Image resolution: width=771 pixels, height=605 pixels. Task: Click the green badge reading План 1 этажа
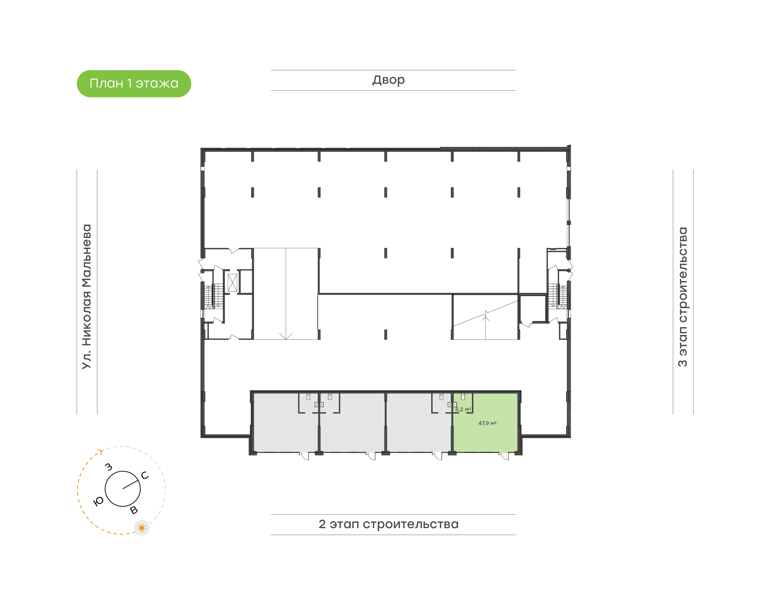tap(134, 84)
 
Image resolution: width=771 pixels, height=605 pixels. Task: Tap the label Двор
tap(388, 80)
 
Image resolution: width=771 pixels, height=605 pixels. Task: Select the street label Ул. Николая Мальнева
tap(87, 297)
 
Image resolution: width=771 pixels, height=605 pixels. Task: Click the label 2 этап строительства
tap(388, 524)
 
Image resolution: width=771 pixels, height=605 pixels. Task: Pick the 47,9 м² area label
tap(487, 423)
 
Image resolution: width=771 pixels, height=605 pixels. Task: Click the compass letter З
tap(109, 467)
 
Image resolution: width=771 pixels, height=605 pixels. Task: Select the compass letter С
tap(145, 475)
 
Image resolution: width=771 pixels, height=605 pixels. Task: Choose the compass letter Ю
tap(98, 501)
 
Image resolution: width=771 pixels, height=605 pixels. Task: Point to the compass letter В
tap(134, 510)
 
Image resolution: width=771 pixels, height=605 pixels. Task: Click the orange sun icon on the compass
tap(142, 528)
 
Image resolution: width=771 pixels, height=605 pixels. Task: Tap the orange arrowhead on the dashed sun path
tap(101, 452)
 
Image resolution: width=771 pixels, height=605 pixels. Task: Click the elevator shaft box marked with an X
tap(232, 283)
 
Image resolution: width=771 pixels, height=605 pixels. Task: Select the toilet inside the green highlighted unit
tap(463, 396)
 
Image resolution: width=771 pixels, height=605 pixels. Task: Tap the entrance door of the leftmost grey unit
tap(305, 456)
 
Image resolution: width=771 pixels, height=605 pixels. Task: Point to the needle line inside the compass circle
tap(130, 485)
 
